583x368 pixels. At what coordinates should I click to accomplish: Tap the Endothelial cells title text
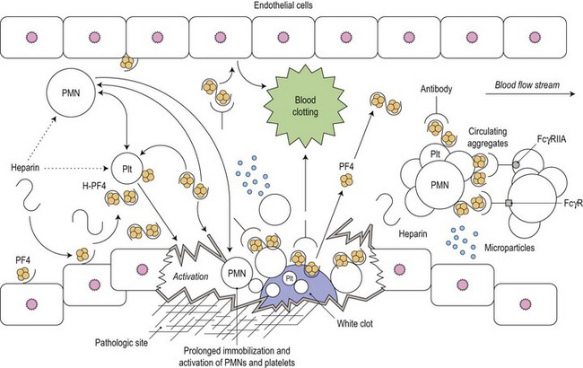tap(291, 7)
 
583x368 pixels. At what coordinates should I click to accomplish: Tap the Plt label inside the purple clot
tap(289, 278)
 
